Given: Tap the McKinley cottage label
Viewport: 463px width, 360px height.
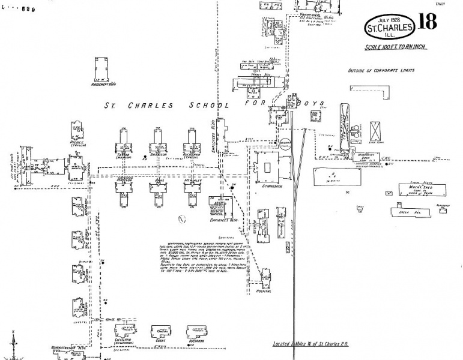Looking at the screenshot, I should (x=194, y=180).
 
